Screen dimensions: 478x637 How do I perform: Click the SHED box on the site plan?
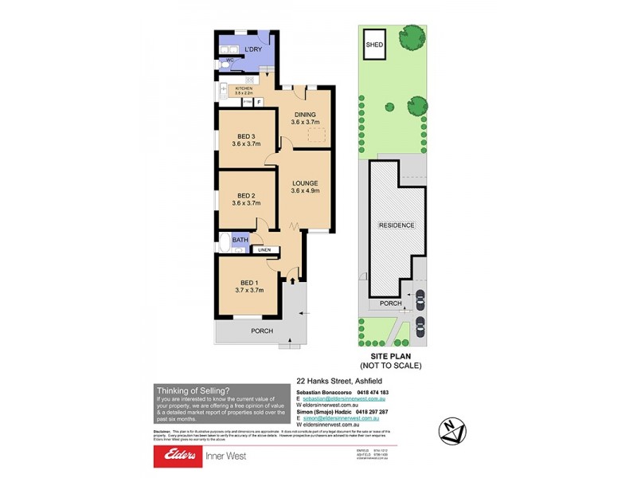(x=373, y=45)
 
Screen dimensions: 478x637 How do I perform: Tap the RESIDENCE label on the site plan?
(x=396, y=225)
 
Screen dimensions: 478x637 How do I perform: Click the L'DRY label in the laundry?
(x=253, y=50)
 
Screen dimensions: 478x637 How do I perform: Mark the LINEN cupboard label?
(x=264, y=250)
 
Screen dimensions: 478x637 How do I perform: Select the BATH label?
(x=240, y=239)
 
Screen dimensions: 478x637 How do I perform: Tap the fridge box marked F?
(x=258, y=102)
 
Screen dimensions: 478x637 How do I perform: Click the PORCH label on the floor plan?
(x=262, y=331)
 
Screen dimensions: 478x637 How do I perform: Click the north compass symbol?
(x=455, y=431)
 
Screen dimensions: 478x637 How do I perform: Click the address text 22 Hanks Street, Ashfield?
(x=336, y=381)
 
